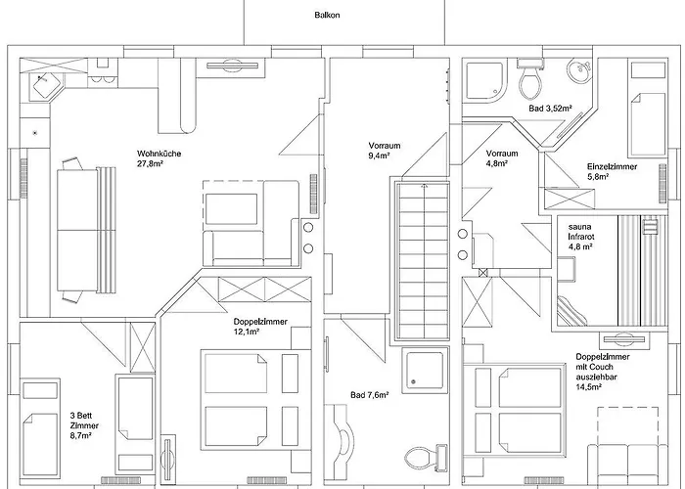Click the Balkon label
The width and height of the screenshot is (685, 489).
point(327,15)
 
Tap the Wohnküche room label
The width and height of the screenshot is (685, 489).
point(159,154)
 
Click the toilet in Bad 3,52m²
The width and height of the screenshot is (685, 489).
point(530,79)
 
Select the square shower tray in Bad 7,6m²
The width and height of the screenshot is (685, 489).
point(425,370)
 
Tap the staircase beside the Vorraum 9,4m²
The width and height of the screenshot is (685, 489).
point(423,261)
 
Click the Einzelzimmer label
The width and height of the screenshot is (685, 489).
point(612,166)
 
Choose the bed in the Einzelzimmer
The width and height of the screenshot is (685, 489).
point(648,109)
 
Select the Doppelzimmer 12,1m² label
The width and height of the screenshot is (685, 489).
point(260,327)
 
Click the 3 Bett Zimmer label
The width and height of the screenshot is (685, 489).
point(84,425)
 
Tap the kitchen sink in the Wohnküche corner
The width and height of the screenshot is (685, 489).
point(44,84)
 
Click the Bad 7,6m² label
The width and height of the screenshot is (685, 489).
point(370,395)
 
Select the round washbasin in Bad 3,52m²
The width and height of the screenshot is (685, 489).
point(579,69)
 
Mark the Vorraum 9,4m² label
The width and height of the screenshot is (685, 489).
point(385,151)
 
